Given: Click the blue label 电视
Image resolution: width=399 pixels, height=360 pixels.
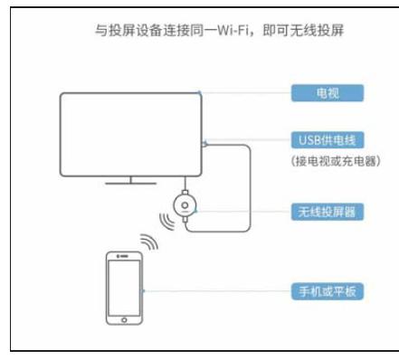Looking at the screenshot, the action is pyautogui.click(x=327, y=92).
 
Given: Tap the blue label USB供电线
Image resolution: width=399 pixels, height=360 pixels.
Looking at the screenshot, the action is pyautogui.click(x=327, y=140).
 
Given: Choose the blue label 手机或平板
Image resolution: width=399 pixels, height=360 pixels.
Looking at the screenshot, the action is pyautogui.click(x=327, y=291).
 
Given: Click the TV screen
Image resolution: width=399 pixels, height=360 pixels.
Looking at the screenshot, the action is pyautogui.click(x=132, y=133).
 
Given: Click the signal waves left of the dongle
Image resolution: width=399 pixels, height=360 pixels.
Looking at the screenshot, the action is pyautogui.click(x=164, y=220).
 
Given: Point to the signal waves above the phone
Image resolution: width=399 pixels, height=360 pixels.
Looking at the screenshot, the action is pyautogui.click(x=147, y=243).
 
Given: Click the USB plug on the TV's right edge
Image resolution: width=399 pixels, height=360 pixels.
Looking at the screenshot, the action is pyautogui.click(x=207, y=143).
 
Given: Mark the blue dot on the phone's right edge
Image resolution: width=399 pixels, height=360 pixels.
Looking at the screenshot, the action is pyautogui.click(x=147, y=291).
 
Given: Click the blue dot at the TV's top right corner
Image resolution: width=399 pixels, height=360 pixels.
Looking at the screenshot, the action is pyautogui.click(x=203, y=92).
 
